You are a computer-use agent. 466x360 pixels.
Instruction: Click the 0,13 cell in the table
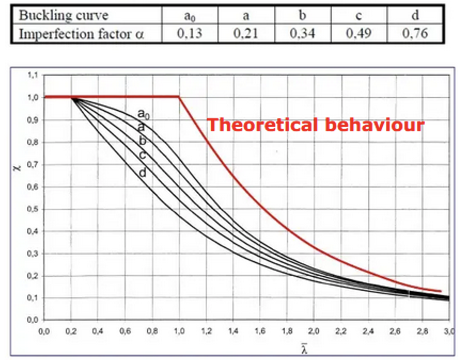[x=190, y=33]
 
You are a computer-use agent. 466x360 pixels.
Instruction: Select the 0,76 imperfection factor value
[x=415, y=33]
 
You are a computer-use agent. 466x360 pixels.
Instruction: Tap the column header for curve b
[x=302, y=16]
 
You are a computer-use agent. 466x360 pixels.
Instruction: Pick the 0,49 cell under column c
[x=359, y=33]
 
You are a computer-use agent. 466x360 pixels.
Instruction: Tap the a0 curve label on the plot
[x=143, y=114]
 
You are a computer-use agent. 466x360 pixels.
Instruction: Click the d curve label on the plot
[x=143, y=173]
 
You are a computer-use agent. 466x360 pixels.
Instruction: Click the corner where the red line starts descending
[x=179, y=97]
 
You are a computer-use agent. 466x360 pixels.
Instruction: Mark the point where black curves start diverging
[x=72, y=98]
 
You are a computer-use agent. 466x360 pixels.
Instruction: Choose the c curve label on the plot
[x=143, y=155]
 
